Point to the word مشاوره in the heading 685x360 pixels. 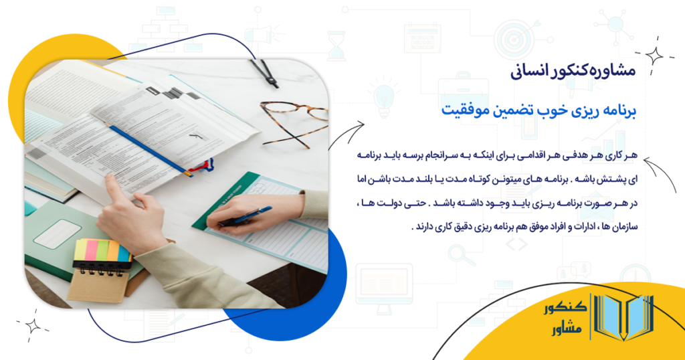pyautogui.click(x=616, y=70)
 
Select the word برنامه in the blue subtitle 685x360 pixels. pyautogui.click(x=616, y=110)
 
